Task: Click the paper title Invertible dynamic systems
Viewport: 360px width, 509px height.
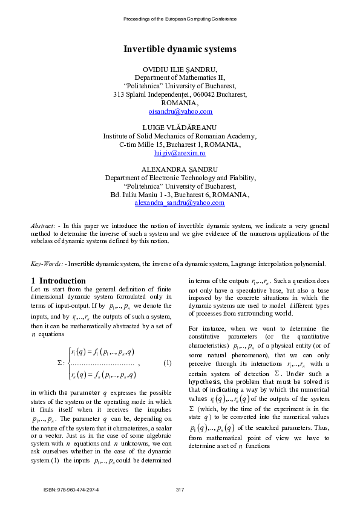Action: click(180, 48)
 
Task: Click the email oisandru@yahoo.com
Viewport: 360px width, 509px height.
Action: click(180, 112)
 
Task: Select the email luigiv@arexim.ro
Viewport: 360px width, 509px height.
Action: click(180, 154)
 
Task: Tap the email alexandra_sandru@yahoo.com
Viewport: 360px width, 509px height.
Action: click(180, 203)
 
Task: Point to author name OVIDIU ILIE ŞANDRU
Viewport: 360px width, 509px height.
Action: click(180, 70)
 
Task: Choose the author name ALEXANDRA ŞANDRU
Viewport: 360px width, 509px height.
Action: click(180, 169)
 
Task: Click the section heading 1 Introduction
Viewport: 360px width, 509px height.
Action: click(58, 280)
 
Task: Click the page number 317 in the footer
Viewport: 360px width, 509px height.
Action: click(180, 489)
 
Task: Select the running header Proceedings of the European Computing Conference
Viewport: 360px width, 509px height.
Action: click(180, 19)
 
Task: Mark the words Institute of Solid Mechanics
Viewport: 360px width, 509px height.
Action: click(144, 137)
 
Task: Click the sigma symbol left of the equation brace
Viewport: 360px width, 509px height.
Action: click(59, 363)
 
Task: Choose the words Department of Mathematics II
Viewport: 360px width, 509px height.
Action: click(180, 78)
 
